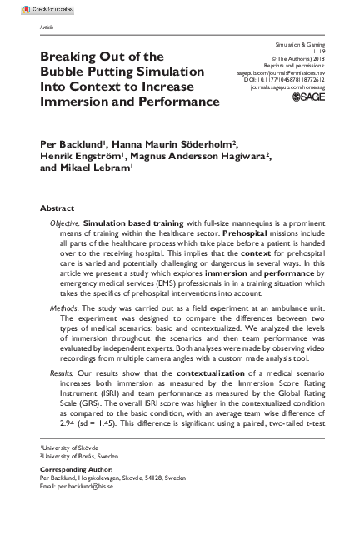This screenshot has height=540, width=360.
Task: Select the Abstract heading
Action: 59,206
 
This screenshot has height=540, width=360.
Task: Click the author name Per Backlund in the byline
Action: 73,142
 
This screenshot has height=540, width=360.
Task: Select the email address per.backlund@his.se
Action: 97,489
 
